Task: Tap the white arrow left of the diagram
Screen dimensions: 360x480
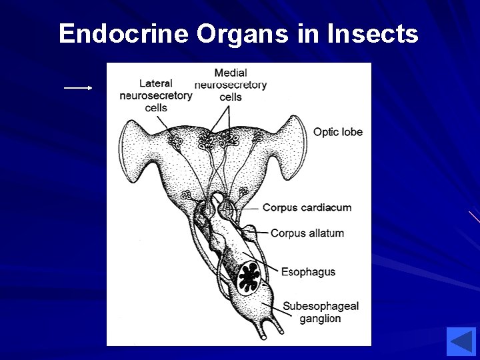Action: pos(78,88)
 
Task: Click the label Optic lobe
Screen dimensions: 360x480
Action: pos(338,132)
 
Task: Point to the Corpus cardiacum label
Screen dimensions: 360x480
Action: pos(307,207)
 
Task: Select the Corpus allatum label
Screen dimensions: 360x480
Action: pos(307,233)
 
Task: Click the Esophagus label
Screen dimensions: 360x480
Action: pos(308,272)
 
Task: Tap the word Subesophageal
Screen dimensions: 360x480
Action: pos(321,306)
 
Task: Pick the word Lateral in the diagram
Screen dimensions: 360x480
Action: pos(156,83)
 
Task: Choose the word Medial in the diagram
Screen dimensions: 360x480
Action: pos(231,73)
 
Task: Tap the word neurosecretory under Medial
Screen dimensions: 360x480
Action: pos(231,85)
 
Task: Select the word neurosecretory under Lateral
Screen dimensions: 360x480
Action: pos(156,95)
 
